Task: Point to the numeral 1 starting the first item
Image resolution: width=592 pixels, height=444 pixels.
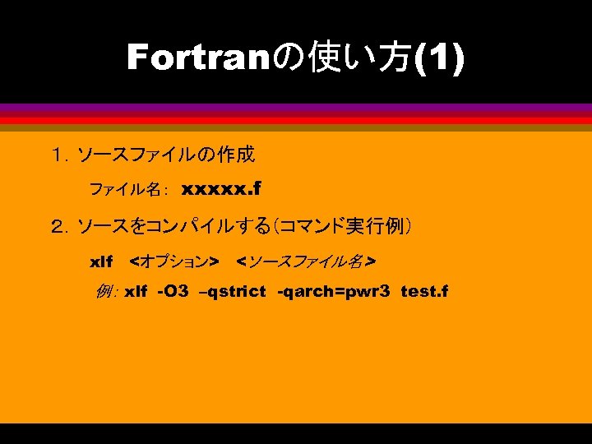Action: [x=58, y=154]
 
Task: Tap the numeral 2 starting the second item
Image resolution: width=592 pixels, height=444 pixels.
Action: [x=58, y=225]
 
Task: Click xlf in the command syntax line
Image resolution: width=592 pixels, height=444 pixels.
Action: [x=100, y=262]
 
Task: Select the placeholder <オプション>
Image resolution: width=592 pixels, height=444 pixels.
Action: [x=174, y=262]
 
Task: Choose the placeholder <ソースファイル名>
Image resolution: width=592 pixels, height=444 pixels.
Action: [x=305, y=262]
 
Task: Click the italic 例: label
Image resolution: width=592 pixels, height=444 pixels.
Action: [x=108, y=292]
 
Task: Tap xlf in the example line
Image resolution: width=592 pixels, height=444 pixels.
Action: [x=136, y=292]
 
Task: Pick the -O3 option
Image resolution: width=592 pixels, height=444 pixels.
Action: [x=173, y=292]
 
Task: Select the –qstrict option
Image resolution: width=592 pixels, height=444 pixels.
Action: [x=233, y=292]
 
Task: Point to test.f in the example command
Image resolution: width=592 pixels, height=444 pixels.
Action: [x=424, y=292]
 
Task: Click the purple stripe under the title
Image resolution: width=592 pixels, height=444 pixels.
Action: [x=296, y=107]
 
